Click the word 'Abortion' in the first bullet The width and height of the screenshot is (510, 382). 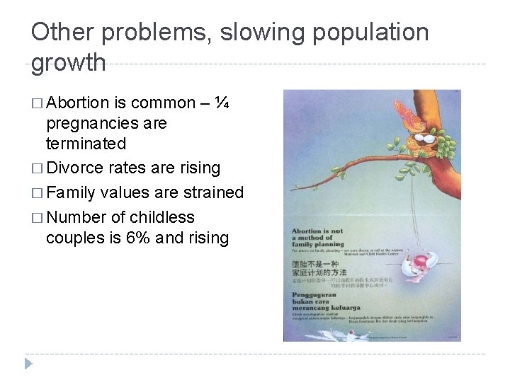click(x=74, y=103)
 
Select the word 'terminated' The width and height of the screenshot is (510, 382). click(x=86, y=144)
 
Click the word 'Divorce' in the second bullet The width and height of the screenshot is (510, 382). click(x=71, y=168)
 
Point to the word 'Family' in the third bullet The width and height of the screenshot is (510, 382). click(x=71, y=192)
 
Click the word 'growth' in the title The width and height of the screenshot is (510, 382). click(x=69, y=62)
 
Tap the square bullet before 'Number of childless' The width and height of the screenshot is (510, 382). click(x=37, y=216)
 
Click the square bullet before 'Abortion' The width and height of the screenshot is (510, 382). click(x=37, y=103)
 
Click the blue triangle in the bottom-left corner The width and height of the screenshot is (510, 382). click(x=28, y=364)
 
